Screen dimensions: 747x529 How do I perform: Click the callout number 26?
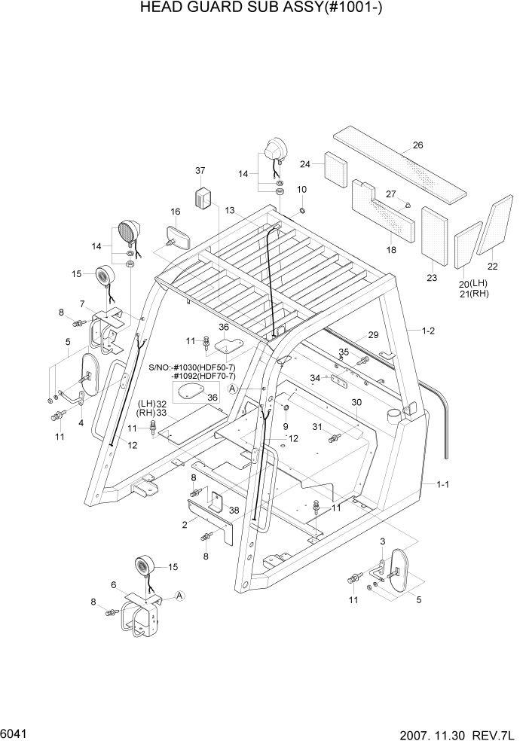click(418, 145)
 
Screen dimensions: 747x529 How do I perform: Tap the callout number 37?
click(200, 171)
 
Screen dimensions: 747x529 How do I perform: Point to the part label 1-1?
click(443, 485)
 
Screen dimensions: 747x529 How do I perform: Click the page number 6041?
click(16, 731)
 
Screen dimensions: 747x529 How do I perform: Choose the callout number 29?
click(373, 335)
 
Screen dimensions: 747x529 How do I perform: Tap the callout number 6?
click(113, 585)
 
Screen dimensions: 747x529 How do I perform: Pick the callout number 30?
click(356, 402)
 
